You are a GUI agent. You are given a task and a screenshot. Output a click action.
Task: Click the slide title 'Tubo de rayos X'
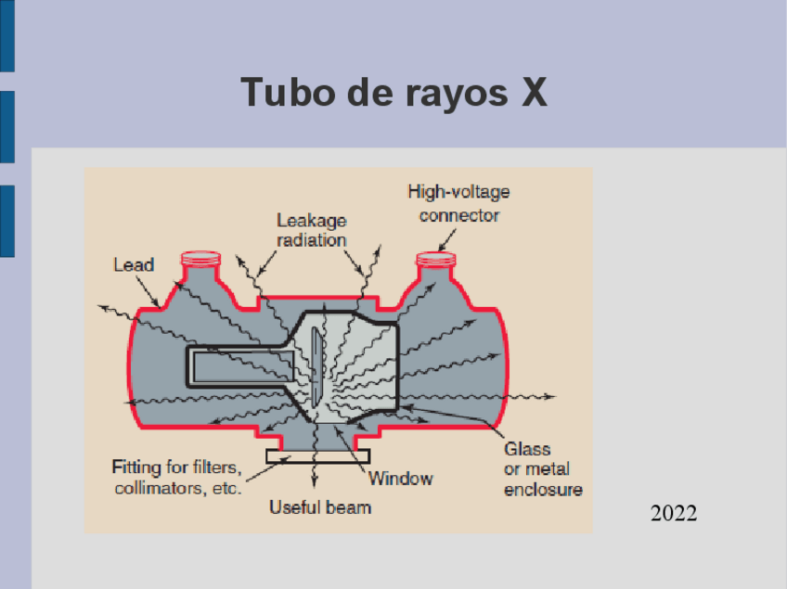click(393, 92)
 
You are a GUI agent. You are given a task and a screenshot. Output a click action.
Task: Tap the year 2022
click(673, 513)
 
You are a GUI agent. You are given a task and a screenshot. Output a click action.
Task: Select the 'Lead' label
click(134, 264)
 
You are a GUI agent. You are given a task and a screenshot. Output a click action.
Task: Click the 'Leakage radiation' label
click(312, 230)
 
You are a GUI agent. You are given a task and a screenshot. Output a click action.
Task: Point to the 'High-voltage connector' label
click(458, 204)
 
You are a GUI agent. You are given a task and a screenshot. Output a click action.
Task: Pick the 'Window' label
click(400, 479)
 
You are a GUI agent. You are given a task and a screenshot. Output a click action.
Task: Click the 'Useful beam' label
click(320, 506)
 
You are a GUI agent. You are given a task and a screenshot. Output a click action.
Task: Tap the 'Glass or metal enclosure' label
click(543, 469)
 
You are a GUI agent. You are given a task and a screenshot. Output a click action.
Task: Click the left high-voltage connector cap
click(200, 258)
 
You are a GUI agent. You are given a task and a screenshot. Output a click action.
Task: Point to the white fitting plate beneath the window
click(317, 455)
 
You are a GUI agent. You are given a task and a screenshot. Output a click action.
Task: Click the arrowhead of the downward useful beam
click(314, 482)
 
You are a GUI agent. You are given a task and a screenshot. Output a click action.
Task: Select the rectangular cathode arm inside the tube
click(237, 365)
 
